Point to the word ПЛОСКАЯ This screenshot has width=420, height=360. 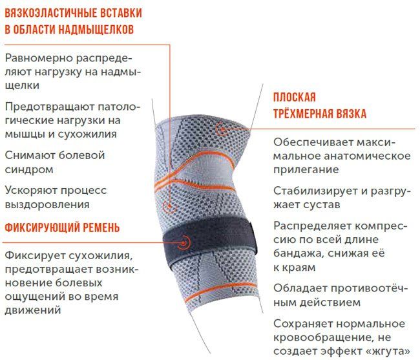(294, 98)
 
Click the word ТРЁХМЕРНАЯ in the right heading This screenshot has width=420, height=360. (304, 114)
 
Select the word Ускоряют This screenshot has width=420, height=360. (29, 190)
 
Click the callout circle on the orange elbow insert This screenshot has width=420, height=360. (169, 207)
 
